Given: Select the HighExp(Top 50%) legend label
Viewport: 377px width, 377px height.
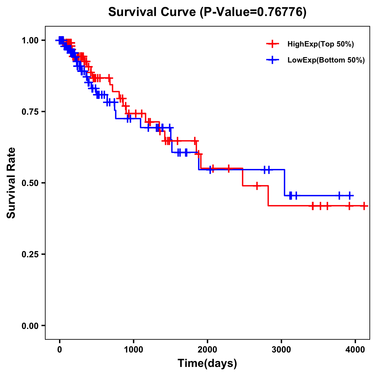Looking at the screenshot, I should pyautogui.click(x=320, y=44).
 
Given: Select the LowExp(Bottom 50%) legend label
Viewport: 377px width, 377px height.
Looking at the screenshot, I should pyautogui.click(x=326, y=60).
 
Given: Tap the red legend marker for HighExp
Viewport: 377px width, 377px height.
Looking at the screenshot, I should pyautogui.click(x=272, y=44).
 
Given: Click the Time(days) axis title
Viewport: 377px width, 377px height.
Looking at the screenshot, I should pyautogui.click(x=207, y=363).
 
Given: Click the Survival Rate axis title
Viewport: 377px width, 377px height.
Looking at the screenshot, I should pyautogui.click(x=11, y=183).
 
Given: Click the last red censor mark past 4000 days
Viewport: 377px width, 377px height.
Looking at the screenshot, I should pyautogui.click(x=364, y=206).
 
